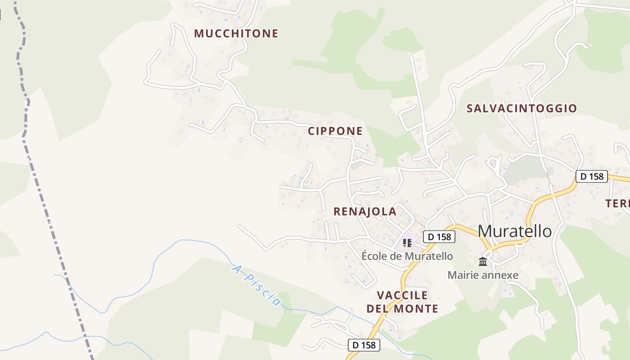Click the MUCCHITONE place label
click(236, 33)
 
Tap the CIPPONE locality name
click(335, 131)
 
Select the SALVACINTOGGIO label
click(522, 108)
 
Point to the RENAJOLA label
click(365, 211)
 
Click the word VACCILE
click(402, 295)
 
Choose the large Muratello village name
click(515, 231)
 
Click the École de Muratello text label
click(407, 256)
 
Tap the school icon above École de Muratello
click(407, 243)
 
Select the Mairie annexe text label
click(483, 275)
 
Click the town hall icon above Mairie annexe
click(483, 261)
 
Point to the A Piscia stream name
click(256, 285)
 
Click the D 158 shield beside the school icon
click(439, 237)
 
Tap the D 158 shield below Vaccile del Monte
click(364, 345)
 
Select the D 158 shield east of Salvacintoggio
click(592, 176)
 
